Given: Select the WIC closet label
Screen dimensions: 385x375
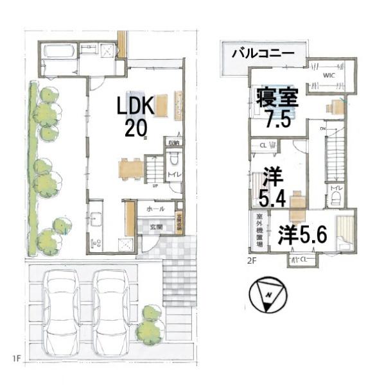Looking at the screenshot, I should [329, 76].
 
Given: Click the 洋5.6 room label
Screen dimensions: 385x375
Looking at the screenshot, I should [302, 235].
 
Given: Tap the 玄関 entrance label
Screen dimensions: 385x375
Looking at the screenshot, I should [157, 227].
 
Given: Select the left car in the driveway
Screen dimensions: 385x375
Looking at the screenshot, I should [62, 310].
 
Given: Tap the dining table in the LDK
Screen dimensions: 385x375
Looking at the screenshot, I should [131, 168].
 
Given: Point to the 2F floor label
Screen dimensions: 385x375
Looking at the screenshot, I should [253, 261].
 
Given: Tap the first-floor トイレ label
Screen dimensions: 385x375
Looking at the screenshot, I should [173, 175].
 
